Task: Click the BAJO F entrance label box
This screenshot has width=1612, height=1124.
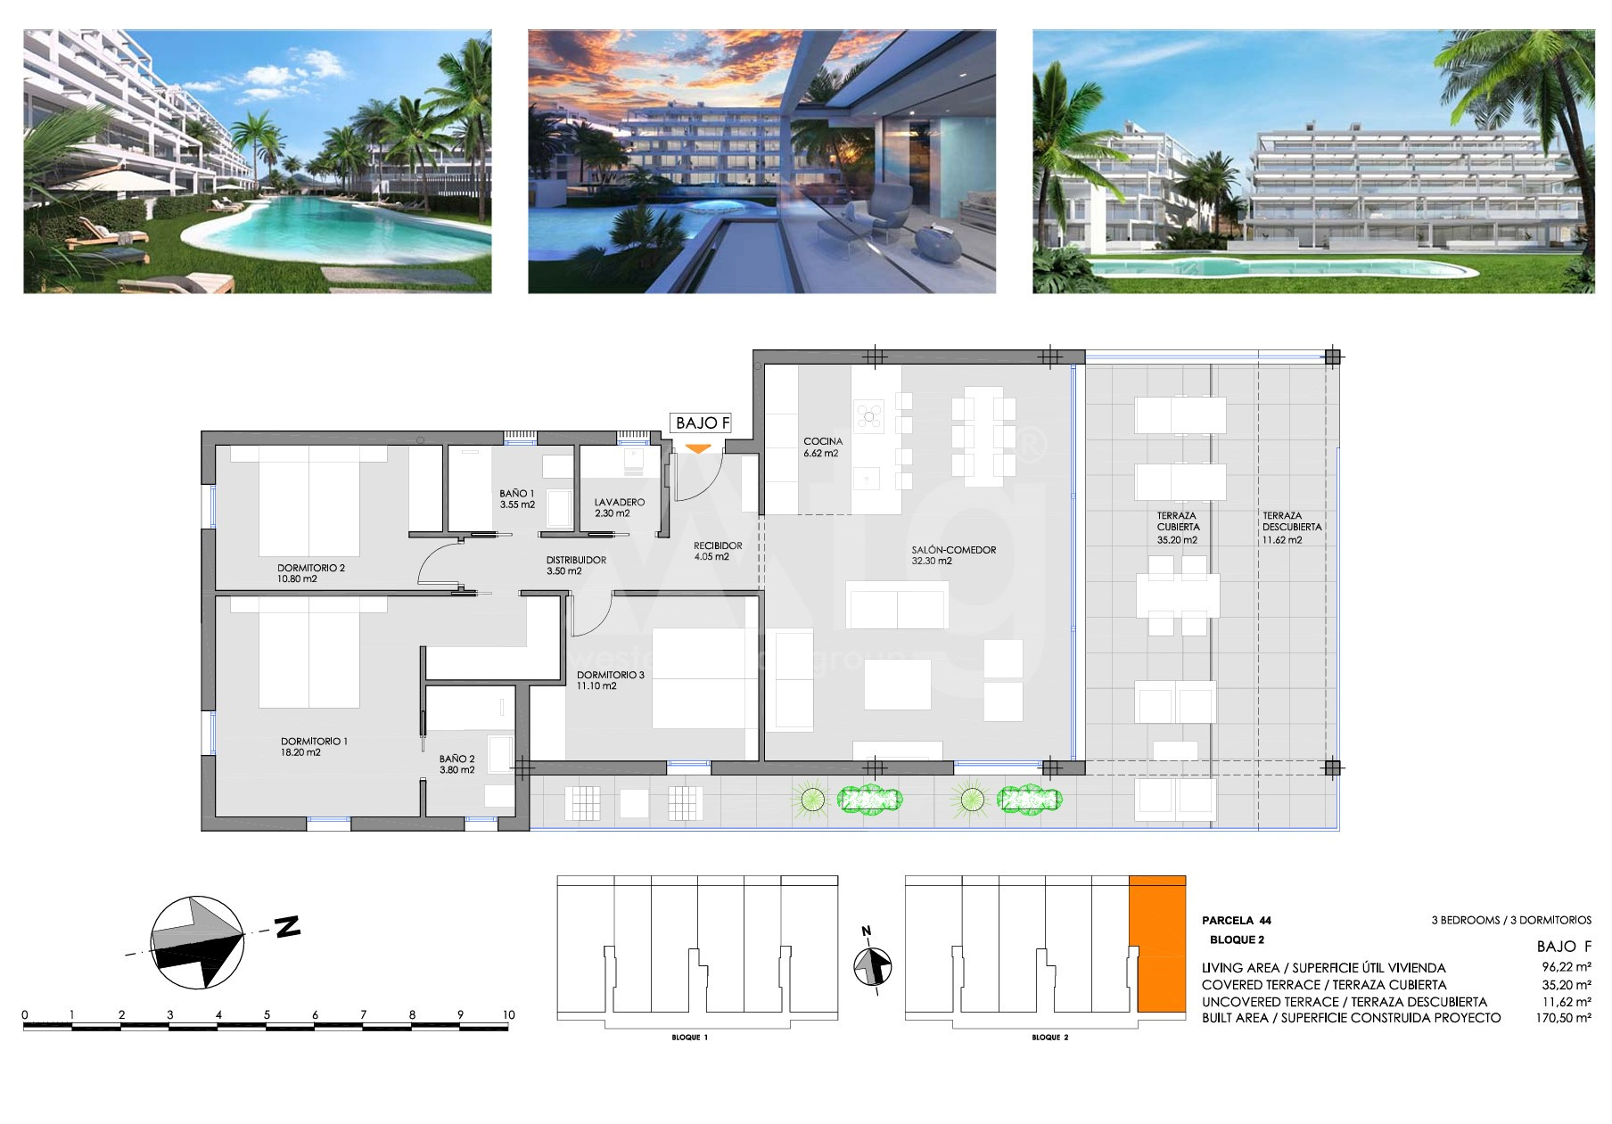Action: (701, 423)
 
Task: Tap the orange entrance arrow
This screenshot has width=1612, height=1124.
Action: (698, 448)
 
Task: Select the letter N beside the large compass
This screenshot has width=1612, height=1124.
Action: (286, 927)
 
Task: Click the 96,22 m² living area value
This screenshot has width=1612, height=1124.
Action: (1567, 967)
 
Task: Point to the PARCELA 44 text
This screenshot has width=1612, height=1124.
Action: (1237, 921)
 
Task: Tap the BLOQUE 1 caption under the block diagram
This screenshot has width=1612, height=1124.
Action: (690, 1038)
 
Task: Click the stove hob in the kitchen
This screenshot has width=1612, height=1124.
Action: (868, 415)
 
